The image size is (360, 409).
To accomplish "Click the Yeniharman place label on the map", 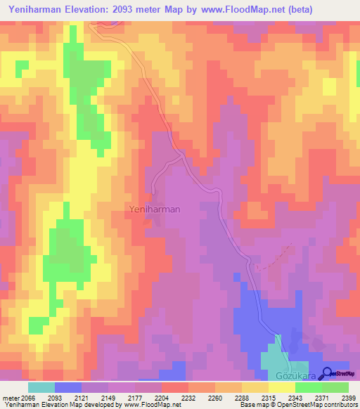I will (154, 209).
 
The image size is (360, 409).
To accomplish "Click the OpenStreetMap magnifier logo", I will (328, 375).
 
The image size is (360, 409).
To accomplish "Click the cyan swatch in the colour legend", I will (41, 387).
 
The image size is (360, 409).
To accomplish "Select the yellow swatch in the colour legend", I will (281, 387).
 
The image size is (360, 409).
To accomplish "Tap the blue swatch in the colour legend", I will (68, 387).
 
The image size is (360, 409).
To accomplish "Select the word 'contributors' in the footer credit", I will (340, 405).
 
